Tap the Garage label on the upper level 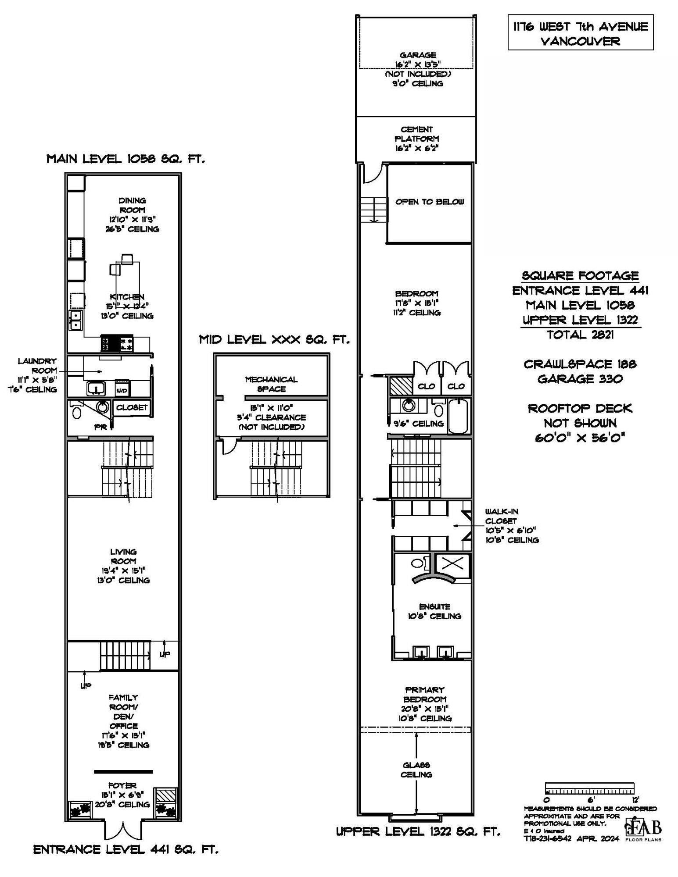417,55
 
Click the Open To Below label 429,202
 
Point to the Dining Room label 132,205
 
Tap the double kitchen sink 76,320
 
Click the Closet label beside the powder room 132,408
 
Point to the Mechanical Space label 271,384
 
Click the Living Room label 123,556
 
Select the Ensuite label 434,607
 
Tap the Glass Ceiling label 416,770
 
